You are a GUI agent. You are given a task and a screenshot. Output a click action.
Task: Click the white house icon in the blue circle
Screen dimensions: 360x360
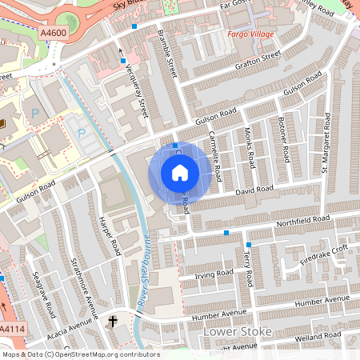point(179,172)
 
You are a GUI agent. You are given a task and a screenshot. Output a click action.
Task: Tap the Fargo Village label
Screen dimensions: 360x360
point(250,35)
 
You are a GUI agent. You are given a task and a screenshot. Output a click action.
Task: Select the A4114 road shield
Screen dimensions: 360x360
point(11,329)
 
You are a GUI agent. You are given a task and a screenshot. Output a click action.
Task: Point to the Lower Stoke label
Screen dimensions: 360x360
point(238,331)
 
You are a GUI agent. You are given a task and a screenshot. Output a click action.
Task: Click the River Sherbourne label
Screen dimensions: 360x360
point(146,263)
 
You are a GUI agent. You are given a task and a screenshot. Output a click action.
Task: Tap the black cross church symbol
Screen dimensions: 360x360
point(112,322)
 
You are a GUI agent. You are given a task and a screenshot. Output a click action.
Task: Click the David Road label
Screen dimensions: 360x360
point(254,190)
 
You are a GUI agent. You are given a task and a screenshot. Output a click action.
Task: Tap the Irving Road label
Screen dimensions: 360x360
point(213,274)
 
